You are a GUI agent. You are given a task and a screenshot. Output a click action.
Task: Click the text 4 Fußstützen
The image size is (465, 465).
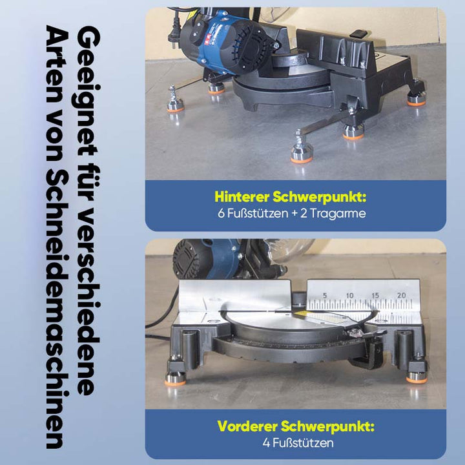[x=298, y=443]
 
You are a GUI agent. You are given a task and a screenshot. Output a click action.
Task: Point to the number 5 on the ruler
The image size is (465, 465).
[x=325, y=295]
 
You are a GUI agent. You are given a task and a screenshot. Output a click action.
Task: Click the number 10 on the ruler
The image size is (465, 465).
[x=349, y=295]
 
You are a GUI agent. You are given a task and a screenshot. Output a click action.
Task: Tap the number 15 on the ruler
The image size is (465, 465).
[x=375, y=295]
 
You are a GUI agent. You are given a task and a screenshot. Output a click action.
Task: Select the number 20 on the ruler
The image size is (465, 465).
[x=401, y=295]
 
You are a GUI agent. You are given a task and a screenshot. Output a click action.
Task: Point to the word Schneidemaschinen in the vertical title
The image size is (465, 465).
[x=57, y=309]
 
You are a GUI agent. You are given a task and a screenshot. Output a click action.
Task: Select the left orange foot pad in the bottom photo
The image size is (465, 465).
[x=175, y=382]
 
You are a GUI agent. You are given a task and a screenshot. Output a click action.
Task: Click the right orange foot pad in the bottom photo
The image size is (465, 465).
[x=417, y=379]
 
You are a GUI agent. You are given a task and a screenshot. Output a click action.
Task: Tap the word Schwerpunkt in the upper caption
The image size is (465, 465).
[x=320, y=197]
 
